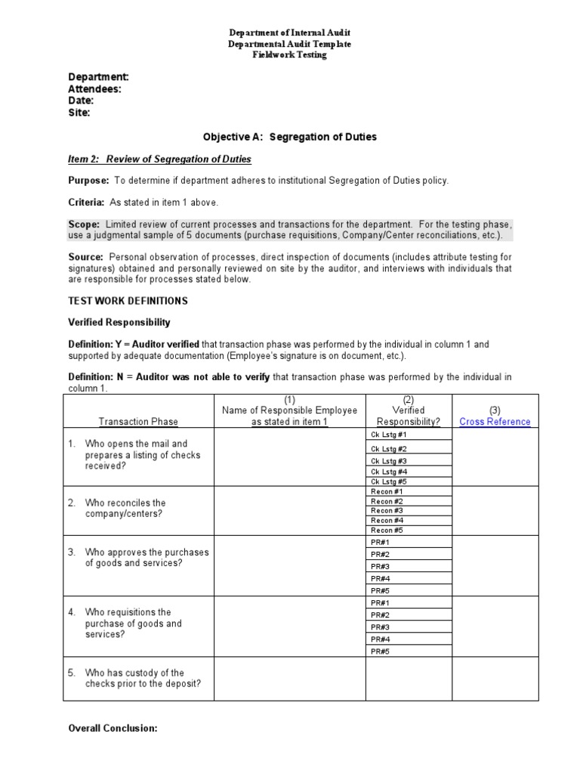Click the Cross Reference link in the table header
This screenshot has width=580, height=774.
(x=495, y=422)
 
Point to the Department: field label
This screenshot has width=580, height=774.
(x=98, y=77)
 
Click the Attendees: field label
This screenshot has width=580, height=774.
(x=94, y=88)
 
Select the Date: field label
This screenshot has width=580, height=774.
(x=81, y=101)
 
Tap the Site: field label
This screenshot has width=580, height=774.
(x=79, y=113)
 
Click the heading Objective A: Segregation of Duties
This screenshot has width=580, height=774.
(x=289, y=137)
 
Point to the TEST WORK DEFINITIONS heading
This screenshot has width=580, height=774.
(x=128, y=301)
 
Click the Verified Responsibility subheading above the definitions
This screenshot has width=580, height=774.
(x=119, y=322)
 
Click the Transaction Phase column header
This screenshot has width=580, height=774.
(x=138, y=422)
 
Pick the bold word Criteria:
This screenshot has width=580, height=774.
(x=86, y=203)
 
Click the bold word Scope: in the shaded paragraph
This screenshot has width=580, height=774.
(x=84, y=224)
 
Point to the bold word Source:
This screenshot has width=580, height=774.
(x=86, y=258)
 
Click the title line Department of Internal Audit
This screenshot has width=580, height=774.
(x=290, y=33)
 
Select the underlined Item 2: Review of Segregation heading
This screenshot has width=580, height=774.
(x=159, y=159)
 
